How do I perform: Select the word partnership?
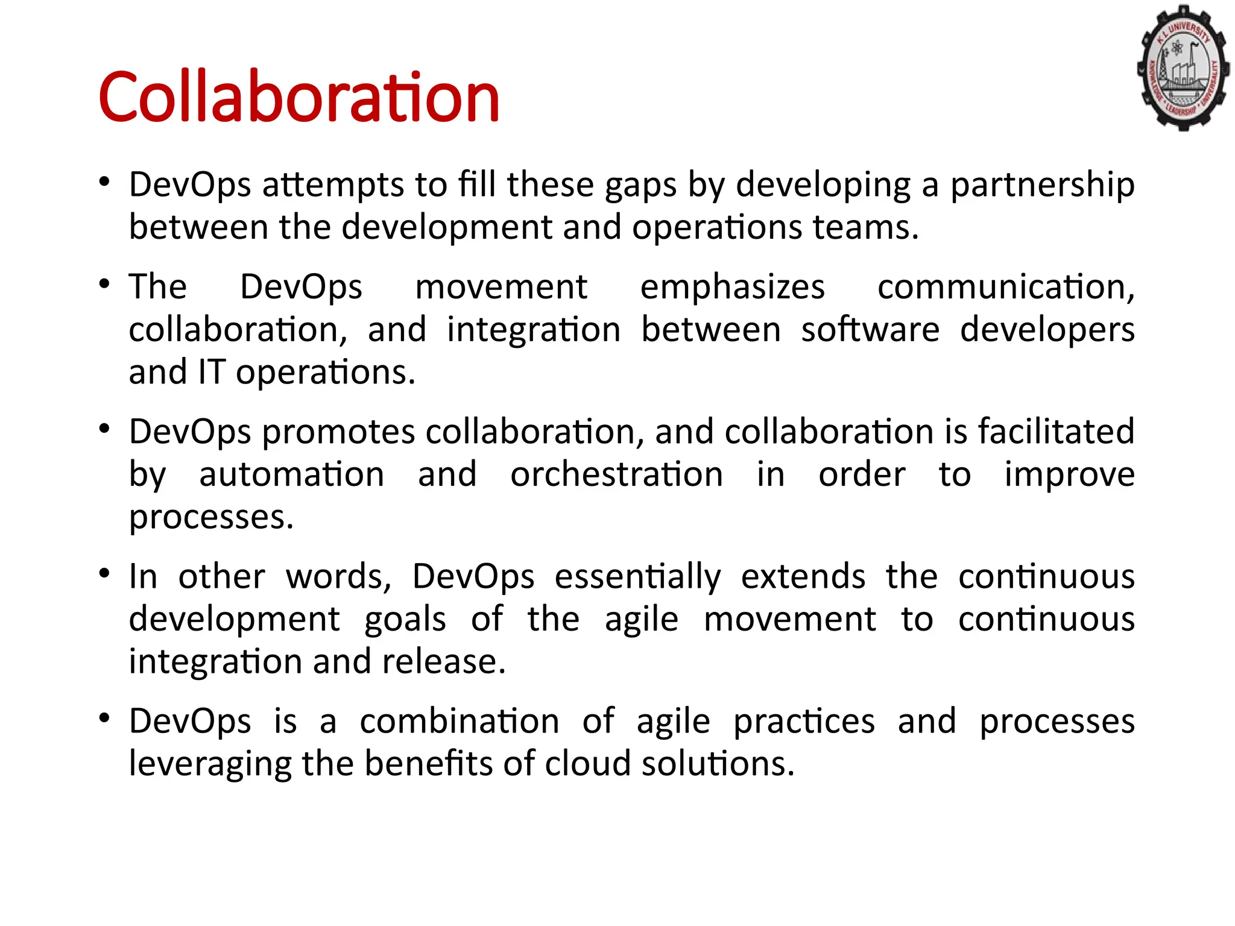tap(1043, 184)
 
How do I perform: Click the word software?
tap(870, 329)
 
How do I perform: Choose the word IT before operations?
tap(211, 372)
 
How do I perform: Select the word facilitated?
tap(1056, 432)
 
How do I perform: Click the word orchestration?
tap(616, 474)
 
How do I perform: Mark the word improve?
tap(1069, 474)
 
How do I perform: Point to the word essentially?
tap(637, 576)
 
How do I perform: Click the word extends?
tap(803, 576)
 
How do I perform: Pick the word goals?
tap(405, 619)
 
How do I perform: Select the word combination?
tap(460, 721)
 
